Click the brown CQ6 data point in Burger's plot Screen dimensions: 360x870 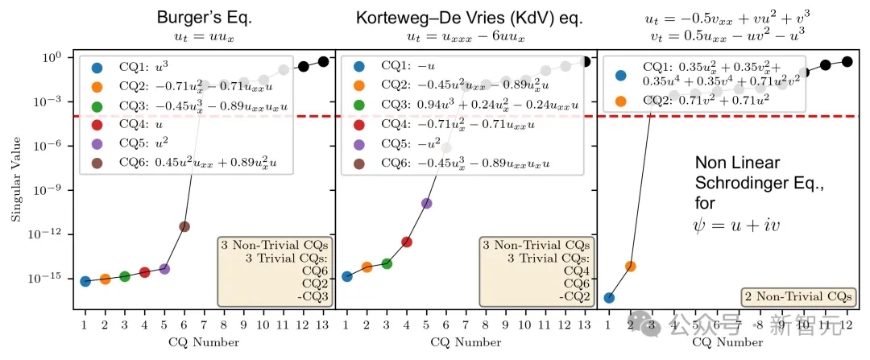tap(184, 226)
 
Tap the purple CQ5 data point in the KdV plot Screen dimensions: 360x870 tap(427, 203)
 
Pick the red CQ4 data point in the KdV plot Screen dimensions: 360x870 tap(407, 242)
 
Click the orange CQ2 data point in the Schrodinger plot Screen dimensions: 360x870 tap(631, 266)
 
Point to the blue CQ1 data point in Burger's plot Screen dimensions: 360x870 tap(85, 281)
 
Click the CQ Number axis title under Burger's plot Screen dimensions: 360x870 tap(204, 342)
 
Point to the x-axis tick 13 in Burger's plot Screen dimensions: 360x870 tap(322, 324)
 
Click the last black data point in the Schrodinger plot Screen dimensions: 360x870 tap(847, 61)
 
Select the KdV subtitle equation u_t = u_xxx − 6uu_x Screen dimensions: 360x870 tap(462, 37)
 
